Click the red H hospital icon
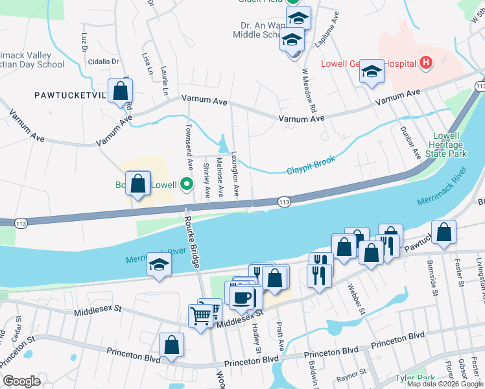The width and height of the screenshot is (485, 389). click(x=426, y=63)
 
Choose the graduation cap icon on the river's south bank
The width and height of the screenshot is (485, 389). click(x=159, y=266)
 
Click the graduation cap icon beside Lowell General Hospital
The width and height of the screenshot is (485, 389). click(x=372, y=72)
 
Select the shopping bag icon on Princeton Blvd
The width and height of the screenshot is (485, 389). click(x=171, y=346)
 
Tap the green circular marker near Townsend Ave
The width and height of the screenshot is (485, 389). click(x=187, y=185)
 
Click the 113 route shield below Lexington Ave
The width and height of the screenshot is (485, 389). click(x=283, y=203)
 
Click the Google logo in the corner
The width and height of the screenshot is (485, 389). click(x=21, y=381)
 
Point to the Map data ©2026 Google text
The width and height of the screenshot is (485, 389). click(x=444, y=384)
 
